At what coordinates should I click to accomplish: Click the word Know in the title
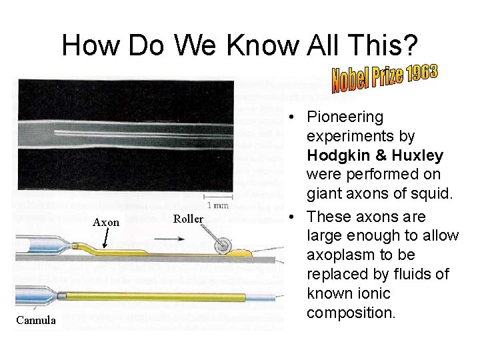(x=263, y=45)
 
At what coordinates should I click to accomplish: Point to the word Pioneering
(x=345, y=117)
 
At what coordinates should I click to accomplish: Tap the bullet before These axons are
(x=293, y=217)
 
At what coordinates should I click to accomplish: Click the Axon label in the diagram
(x=106, y=222)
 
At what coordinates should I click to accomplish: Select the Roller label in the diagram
(x=187, y=218)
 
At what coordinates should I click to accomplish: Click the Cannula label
(x=37, y=321)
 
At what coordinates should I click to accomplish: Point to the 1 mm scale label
(x=218, y=205)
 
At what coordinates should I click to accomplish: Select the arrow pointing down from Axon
(x=105, y=241)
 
